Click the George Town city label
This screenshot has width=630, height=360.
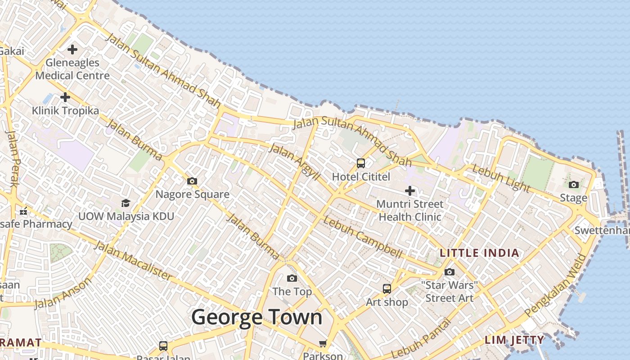click(257, 317)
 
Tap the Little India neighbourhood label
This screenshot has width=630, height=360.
click(479, 253)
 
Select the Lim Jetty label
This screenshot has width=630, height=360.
click(514, 340)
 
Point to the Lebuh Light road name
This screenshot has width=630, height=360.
click(501, 178)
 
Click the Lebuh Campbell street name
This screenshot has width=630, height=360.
click(363, 238)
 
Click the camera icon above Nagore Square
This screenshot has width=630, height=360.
click(192, 181)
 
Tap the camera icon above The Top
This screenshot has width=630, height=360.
click(292, 278)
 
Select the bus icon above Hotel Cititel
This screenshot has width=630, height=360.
click(361, 163)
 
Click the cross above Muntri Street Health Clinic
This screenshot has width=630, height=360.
click(409, 191)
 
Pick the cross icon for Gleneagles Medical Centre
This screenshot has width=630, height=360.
click(72, 49)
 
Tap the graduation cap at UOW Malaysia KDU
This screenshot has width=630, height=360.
click(126, 203)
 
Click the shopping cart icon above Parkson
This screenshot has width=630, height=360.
click(323, 344)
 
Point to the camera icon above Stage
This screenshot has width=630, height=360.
click(573, 184)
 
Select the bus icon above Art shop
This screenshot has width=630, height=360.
click(387, 288)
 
